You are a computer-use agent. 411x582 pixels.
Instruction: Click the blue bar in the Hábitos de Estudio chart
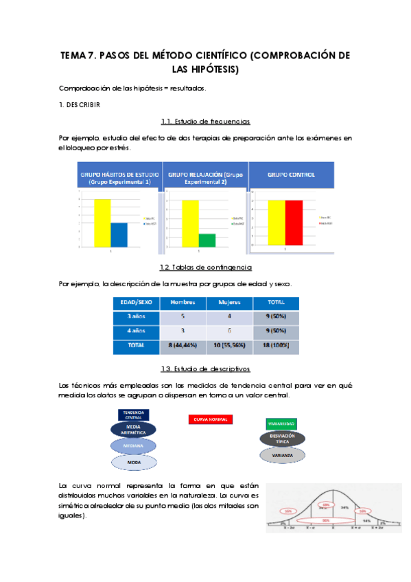click(x=119, y=234)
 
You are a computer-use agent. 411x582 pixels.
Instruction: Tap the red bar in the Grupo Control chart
click(x=294, y=222)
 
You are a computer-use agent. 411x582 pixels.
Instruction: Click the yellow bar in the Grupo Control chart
click(x=276, y=222)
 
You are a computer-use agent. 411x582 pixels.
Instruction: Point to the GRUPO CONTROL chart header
click(x=291, y=175)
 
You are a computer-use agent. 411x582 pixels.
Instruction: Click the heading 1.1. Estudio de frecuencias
click(x=205, y=121)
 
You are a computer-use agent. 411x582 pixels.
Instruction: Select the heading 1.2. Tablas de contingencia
click(x=205, y=267)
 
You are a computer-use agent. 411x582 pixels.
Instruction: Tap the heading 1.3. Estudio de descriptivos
click(x=205, y=369)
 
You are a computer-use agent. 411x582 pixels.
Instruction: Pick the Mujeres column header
click(x=229, y=303)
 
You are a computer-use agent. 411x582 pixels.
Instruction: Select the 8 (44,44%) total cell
click(x=183, y=345)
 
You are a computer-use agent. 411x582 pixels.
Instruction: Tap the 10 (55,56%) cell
click(x=229, y=345)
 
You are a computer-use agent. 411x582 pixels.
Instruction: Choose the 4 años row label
click(x=135, y=331)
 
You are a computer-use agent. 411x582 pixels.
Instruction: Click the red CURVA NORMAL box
click(x=210, y=419)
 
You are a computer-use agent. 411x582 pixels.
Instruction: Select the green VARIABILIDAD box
click(x=278, y=424)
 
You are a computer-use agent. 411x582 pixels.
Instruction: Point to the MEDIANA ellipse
click(x=134, y=445)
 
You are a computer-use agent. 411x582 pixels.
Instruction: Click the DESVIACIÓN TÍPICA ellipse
click(x=278, y=439)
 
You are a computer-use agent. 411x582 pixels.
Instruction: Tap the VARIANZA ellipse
click(x=278, y=455)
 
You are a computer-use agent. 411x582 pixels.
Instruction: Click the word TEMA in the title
click(x=74, y=56)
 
